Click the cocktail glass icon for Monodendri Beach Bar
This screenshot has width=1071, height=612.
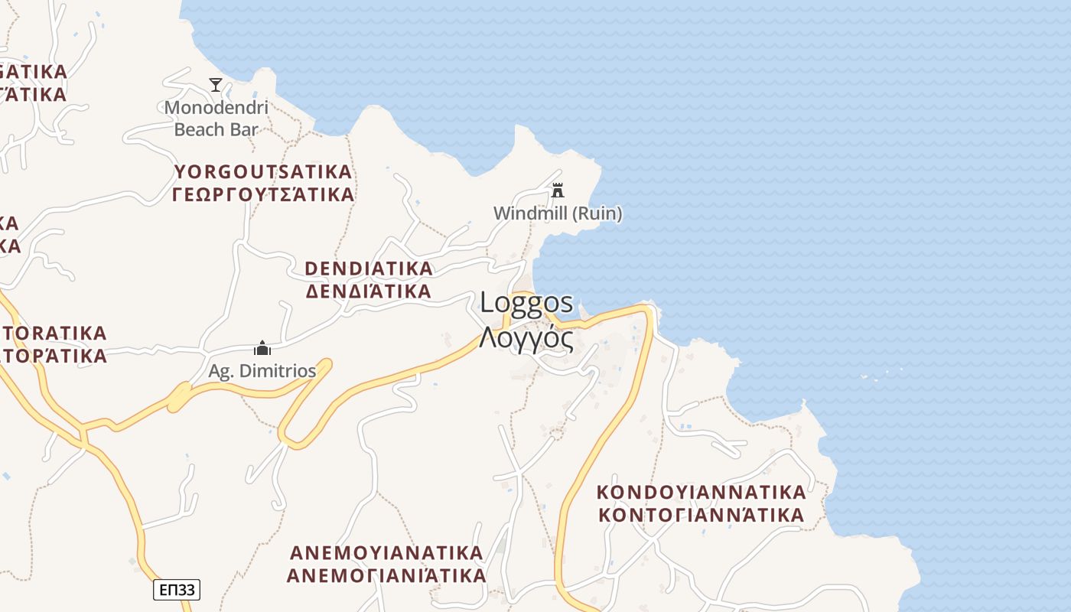click(x=216, y=84)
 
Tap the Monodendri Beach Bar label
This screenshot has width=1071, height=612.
click(x=216, y=119)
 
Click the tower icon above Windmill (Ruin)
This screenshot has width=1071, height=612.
click(x=558, y=190)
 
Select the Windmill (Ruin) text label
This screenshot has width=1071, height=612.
click(x=558, y=213)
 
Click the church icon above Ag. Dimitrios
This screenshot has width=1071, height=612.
click(x=262, y=348)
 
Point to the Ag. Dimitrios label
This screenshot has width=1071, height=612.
click(x=262, y=371)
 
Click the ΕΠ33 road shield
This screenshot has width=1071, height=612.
click(x=177, y=590)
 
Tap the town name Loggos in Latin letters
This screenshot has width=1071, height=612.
click(x=526, y=303)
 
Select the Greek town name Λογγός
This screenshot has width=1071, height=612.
click(x=526, y=337)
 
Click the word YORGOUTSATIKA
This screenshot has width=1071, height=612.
click(x=263, y=171)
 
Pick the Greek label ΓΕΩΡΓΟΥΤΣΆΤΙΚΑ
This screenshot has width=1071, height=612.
click(x=263, y=194)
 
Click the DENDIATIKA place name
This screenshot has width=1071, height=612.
click(x=369, y=269)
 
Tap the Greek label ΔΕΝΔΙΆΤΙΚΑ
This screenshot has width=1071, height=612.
click(x=369, y=291)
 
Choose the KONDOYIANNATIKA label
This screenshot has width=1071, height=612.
click(x=702, y=491)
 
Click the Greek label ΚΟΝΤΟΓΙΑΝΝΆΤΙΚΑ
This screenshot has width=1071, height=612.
click(x=702, y=514)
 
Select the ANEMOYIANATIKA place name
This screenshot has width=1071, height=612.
click(x=386, y=552)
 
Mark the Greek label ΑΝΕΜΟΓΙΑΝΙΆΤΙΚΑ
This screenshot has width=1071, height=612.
click(x=386, y=575)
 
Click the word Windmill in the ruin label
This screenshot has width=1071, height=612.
click(x=529, y=213)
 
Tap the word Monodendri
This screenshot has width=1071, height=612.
click(x=216, y=107)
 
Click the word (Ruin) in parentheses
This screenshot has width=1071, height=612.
click(x=597, y=213)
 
